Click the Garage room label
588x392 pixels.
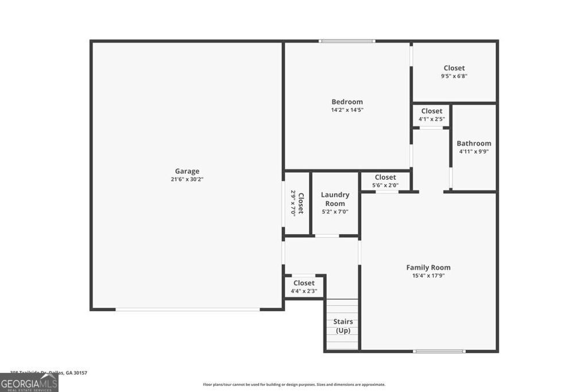click(187, 171)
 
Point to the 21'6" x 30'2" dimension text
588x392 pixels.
click(187, 179)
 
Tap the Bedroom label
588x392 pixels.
click(347, 102)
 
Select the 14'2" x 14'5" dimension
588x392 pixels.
click(347, 110)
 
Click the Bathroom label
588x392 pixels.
click(474, 143)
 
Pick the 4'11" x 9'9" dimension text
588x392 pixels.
click(474, 152)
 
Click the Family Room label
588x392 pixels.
click(428, 267)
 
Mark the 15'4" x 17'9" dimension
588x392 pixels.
click(428, 275)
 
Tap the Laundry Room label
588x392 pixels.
click(335, 199)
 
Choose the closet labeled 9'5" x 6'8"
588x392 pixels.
click(454, 72)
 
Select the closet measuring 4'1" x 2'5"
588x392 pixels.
click(431, 115)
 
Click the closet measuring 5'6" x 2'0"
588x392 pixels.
click(385, 181)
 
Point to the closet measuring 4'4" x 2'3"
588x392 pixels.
click(304, 286)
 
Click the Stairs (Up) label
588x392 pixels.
click(343, 326)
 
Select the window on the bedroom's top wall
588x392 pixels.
click(347, 41)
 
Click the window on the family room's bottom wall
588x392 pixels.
click(439, 351)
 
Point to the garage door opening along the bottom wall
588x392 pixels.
click(187, 309)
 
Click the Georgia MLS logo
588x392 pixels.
click(29, 382)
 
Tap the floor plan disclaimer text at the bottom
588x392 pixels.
click(294, 385)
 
